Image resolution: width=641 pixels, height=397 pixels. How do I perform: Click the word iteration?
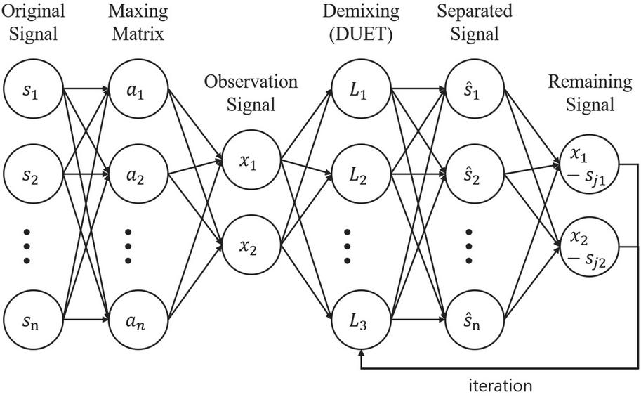500,386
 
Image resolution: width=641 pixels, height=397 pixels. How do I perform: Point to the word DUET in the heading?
362,34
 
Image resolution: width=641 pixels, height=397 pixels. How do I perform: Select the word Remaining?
590,82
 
